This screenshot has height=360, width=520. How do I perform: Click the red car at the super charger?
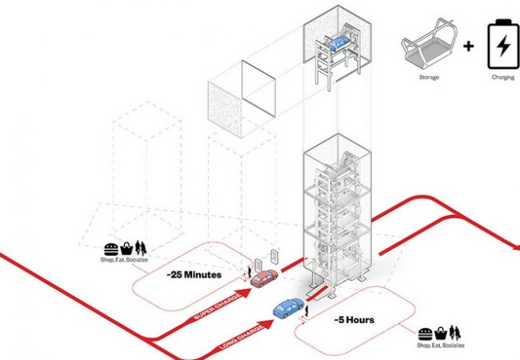263,278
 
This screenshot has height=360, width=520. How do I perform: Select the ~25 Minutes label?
194,274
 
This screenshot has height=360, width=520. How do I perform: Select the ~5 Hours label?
354,320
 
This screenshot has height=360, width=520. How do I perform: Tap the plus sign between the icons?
468,46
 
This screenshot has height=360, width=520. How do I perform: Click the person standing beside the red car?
249,273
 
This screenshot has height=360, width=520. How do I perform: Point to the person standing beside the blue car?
302,314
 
